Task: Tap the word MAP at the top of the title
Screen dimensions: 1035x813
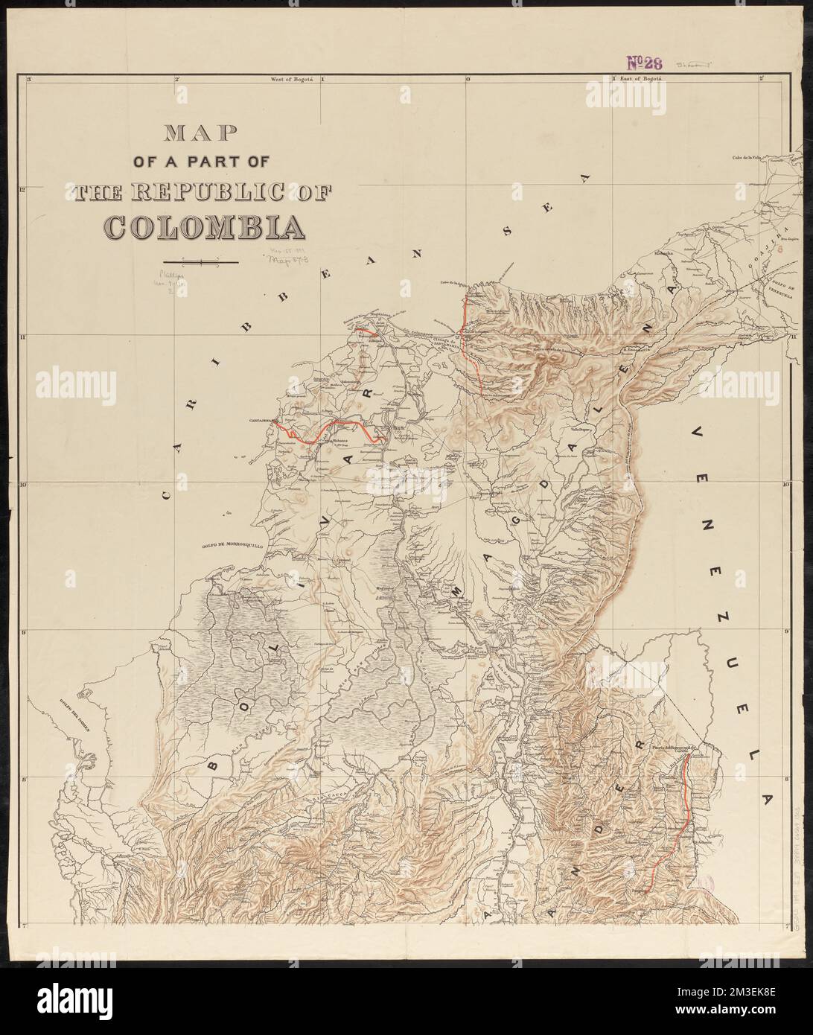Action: pos(200,133)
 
